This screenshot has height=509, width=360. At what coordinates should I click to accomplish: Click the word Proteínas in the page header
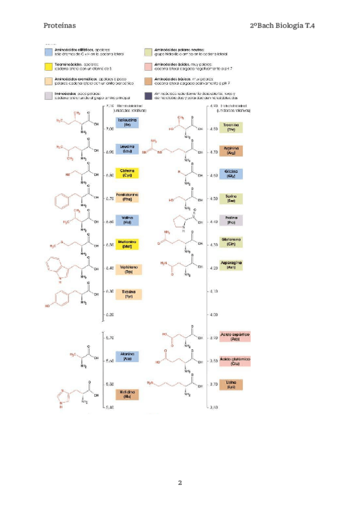tap(59, 26)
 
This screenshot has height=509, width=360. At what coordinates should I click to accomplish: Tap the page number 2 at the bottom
tap(179, 483)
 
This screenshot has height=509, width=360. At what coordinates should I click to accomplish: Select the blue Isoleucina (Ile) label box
tap(127, 122)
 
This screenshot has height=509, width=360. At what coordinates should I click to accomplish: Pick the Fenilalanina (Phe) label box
tap(127, 197)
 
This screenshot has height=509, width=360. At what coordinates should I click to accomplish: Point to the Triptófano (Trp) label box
tap(128, 270)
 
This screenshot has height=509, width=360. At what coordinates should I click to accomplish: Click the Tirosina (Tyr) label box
tap(128, 294)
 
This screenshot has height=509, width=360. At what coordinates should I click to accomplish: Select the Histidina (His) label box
tap(127, 394)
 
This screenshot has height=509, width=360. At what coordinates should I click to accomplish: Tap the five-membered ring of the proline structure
tap(179, 225)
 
